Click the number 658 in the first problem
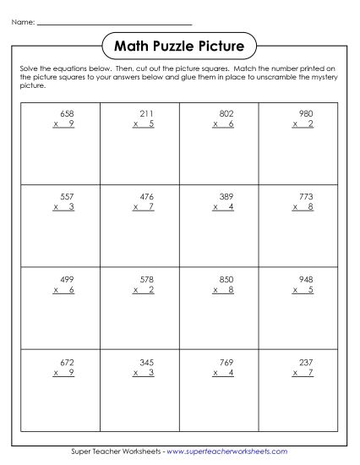[65, 113]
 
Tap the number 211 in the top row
[145, 113]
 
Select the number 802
[226, 113]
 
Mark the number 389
[226, 196]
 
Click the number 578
[145, 278]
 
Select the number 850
[226, 278]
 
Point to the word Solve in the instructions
[26, 66]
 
